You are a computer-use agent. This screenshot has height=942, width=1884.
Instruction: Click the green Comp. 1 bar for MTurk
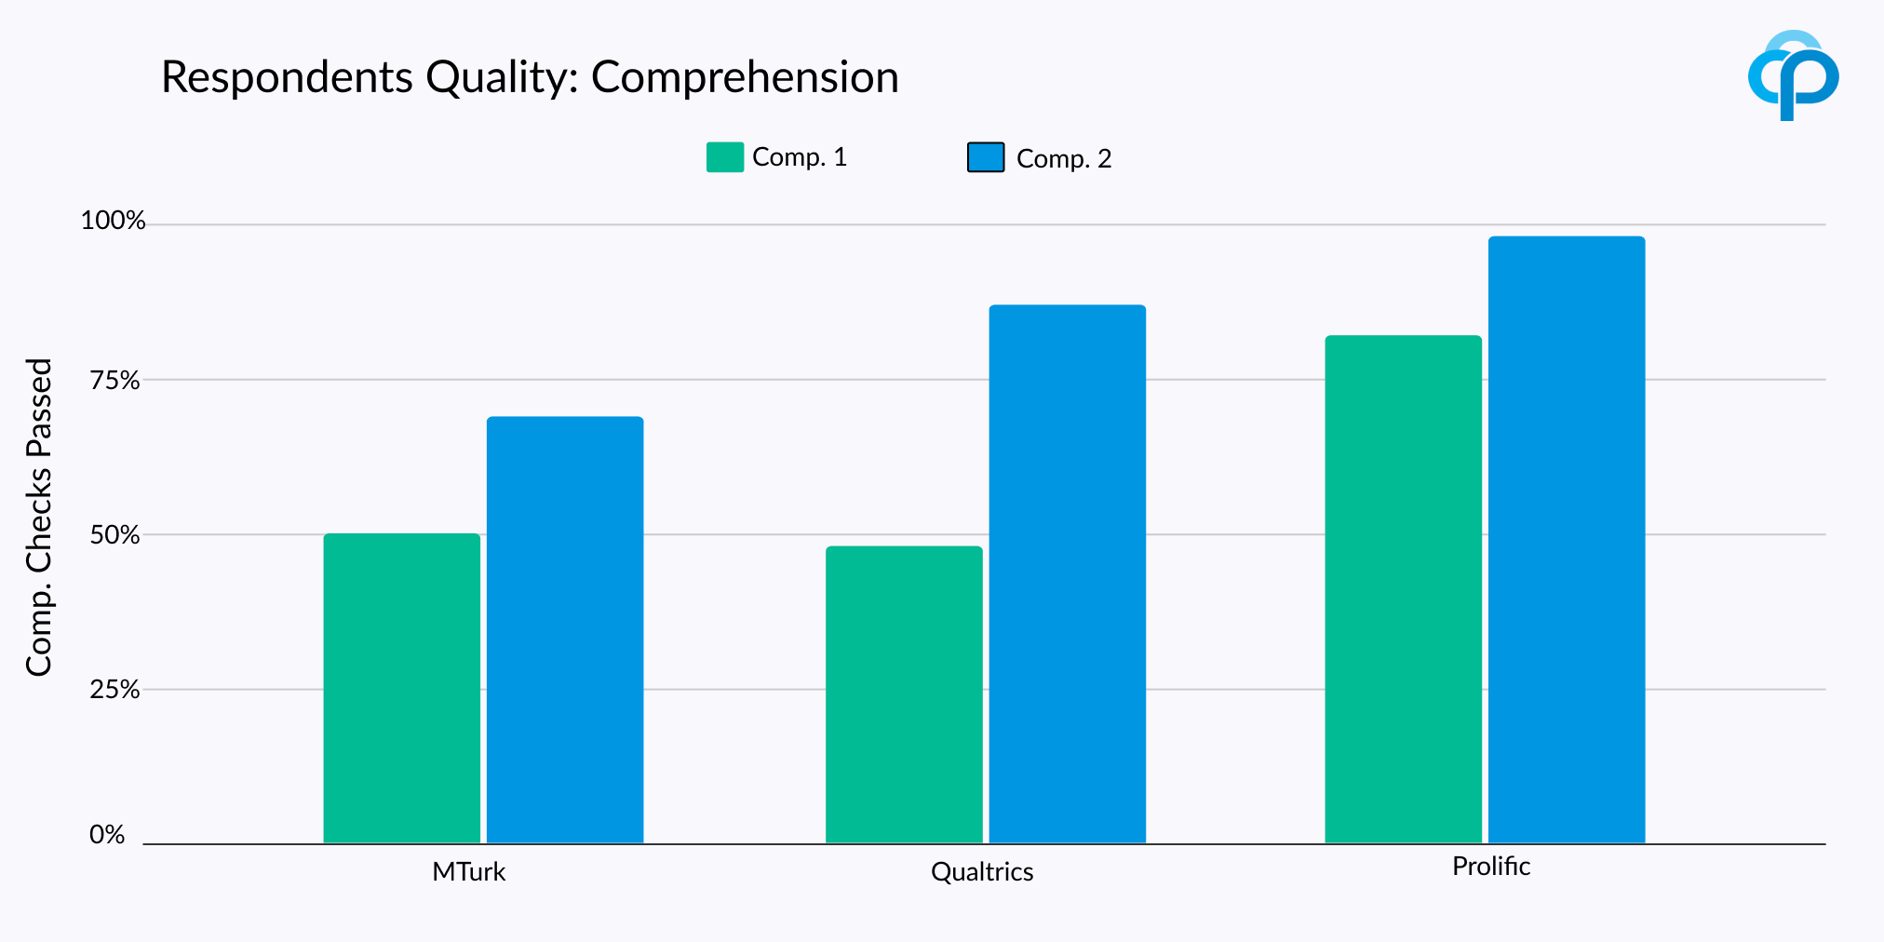click(401, 689)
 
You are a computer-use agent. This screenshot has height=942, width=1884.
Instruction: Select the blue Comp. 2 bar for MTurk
click(565, 630)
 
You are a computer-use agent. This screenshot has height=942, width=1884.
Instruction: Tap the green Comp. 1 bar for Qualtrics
click(904, 695)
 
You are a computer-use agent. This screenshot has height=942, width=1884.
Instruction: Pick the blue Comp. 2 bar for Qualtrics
click(1067, 574)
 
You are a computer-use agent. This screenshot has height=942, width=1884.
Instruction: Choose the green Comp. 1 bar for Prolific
click(1403, 589)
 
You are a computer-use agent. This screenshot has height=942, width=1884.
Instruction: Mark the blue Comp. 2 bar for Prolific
click(1567, 540)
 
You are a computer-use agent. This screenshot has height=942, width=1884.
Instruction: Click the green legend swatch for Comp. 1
click(725, 157)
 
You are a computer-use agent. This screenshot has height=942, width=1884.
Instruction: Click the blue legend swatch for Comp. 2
click(986, 157)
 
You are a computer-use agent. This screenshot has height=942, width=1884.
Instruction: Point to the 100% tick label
click(113, 221)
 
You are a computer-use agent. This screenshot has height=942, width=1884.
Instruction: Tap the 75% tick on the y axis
click(114, 381)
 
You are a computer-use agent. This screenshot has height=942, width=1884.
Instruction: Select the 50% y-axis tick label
click(114, 535)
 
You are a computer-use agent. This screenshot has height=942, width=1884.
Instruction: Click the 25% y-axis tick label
click(114, 690)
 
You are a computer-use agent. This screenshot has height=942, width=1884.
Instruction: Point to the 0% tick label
click(107, 835)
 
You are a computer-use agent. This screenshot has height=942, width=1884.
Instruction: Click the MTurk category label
click(468, 872)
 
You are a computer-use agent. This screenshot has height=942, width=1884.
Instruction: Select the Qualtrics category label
click(982, 872)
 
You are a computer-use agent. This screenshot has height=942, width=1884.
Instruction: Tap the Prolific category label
click(1490, 867)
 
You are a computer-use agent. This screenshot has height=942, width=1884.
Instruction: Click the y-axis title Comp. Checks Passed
click(39, 517)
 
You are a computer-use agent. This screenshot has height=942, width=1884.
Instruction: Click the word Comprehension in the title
click(745, 77)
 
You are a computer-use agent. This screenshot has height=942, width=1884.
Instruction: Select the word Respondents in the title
click(288, 77)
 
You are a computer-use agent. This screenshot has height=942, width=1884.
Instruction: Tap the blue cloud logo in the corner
click(1793, 75)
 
